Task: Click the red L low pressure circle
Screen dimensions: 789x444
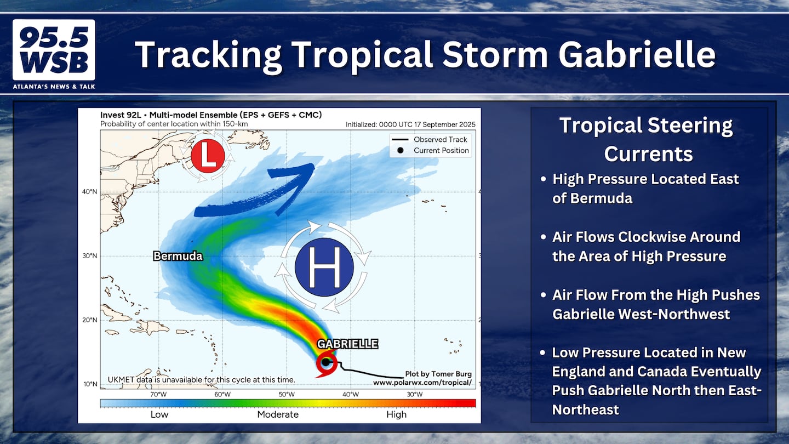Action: click(208, 156)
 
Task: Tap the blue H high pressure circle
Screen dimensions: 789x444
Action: click(324, 267)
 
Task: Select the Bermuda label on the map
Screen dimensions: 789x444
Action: click(178, 256)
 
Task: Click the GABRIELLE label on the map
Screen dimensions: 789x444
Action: click(347, 344)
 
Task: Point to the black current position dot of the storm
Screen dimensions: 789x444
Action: click(326, 362)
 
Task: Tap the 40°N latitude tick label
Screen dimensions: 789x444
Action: click(89, 192)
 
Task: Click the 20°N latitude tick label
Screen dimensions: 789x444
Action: click(89, 320)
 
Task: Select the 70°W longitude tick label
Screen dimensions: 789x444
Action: click(158, 394)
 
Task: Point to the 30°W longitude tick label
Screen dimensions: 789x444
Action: click(415, 394)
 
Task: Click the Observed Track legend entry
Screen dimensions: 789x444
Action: click(430, 140)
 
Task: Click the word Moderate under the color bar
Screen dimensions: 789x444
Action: click(278, 414)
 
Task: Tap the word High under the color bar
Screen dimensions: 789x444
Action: click(396, 415)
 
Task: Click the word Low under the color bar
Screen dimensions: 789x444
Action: click(159, 414)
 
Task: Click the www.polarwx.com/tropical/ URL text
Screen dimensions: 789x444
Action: click(422, 383)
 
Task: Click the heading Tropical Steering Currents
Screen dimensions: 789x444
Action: click(647, 139)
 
